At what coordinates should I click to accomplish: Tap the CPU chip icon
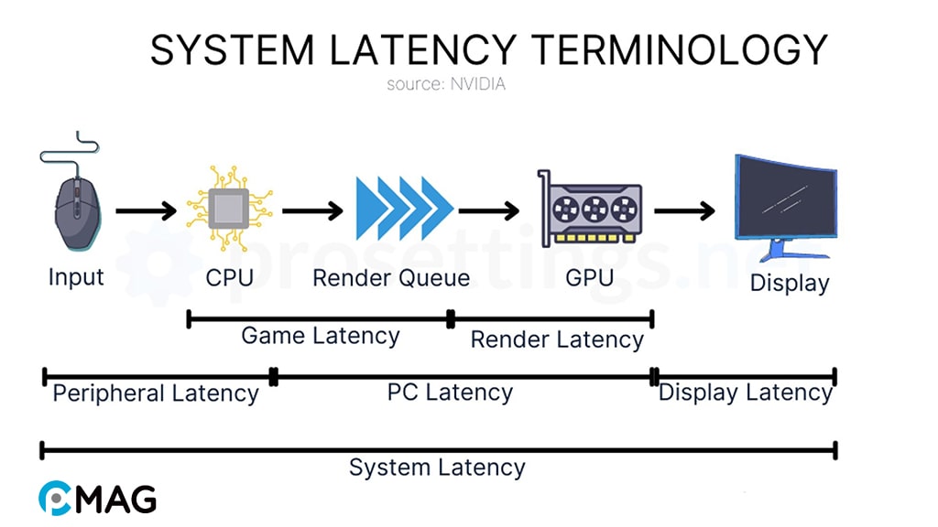tap(229, 210)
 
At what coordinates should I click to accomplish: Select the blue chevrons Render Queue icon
tap(404, 210)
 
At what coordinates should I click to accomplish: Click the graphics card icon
tap(589, 209)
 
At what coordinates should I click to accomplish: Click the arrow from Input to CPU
tap(146, 211)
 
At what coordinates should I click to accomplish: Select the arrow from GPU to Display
tap(683, 211)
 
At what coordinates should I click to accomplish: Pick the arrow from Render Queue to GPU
tap(489, 211)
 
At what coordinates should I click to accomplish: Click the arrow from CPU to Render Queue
tap(312, 211)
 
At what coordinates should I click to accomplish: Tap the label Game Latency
tap(320, 336)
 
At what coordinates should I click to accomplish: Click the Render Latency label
tap(557, 339)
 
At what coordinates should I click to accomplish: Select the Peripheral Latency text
tap(156, 393)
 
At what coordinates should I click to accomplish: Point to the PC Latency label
tap(450, 393)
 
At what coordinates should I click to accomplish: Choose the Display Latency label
tap(745, 393)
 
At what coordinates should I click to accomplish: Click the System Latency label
tap(437, 468)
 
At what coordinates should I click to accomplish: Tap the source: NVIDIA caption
tap(445, 84)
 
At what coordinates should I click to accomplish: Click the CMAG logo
tap(97, 498)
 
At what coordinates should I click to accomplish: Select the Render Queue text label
tap(391, 277)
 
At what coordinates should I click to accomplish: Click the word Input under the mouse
tap(76, 276)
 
